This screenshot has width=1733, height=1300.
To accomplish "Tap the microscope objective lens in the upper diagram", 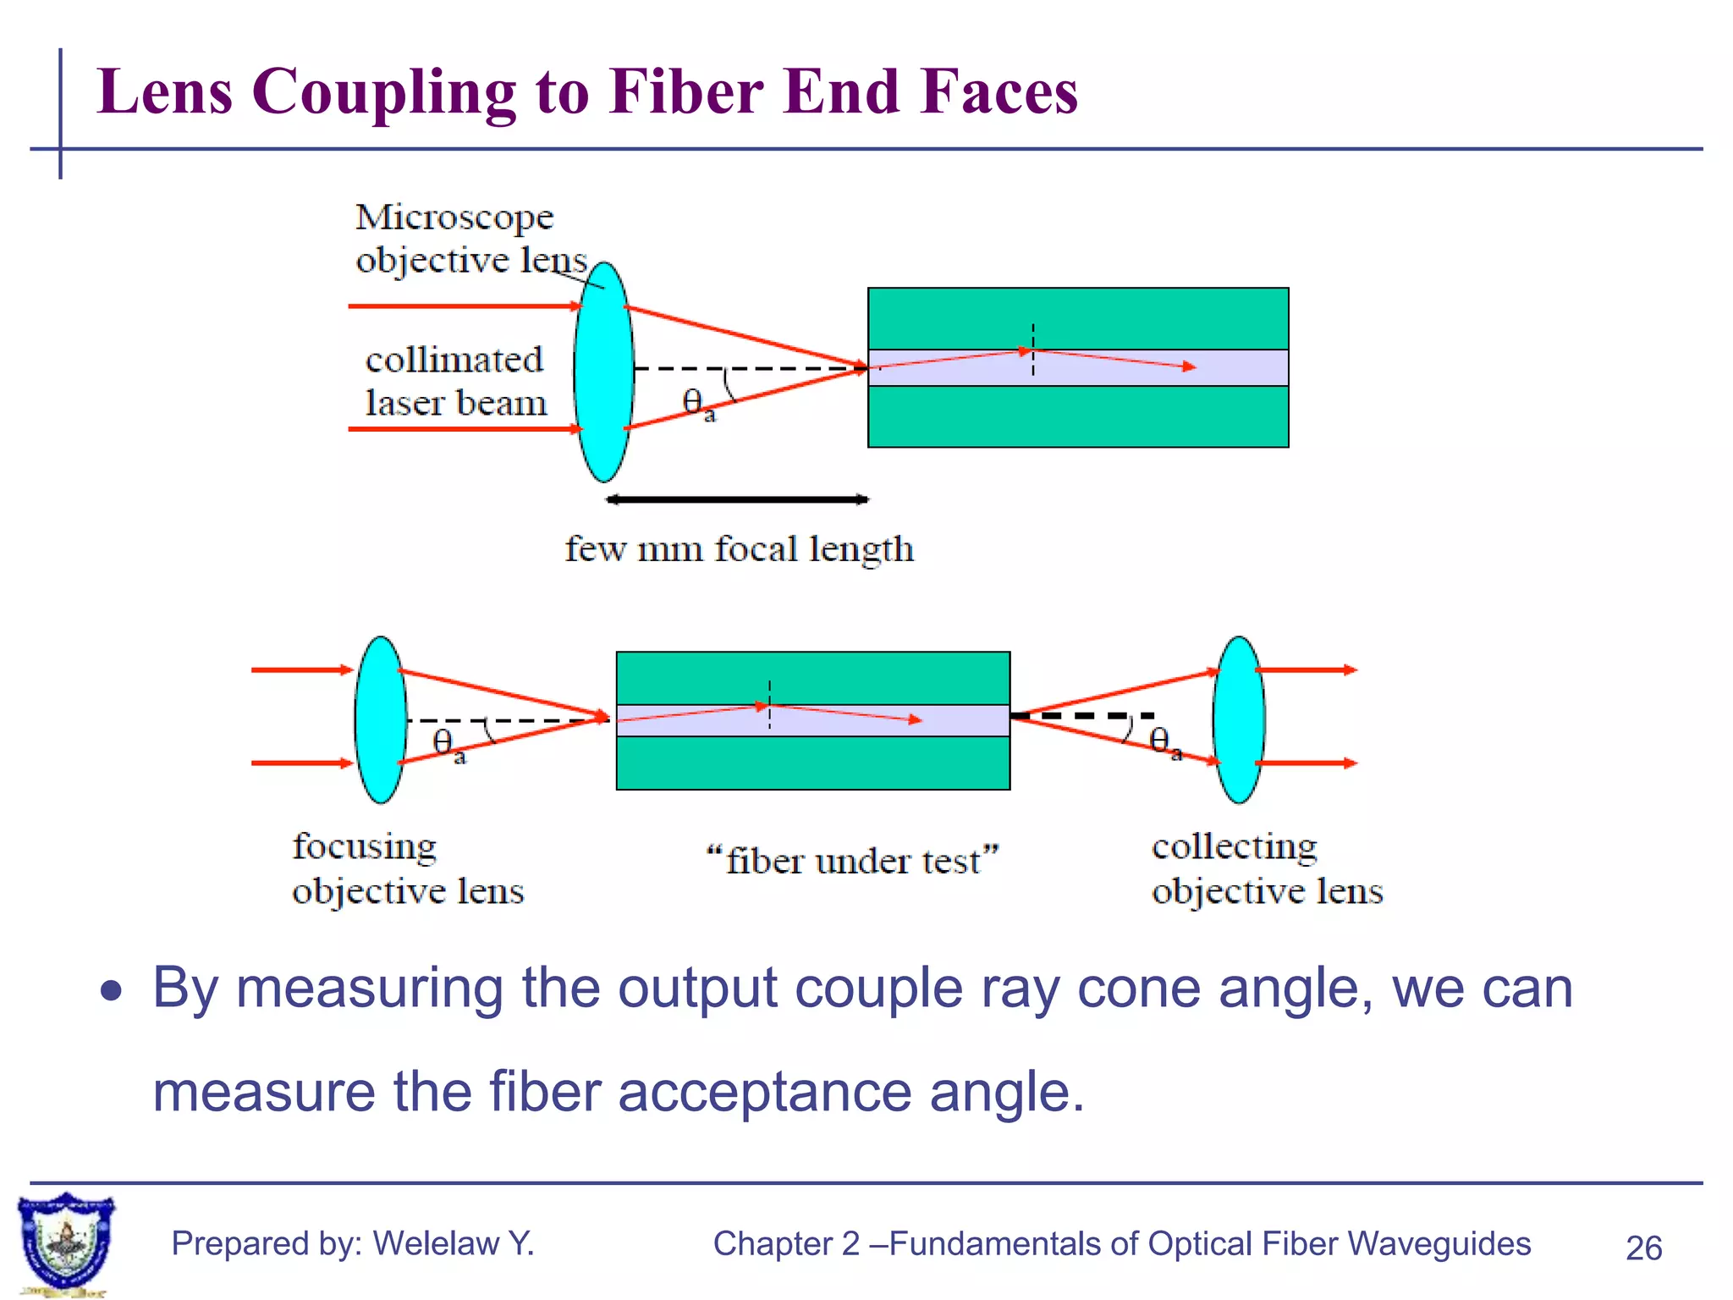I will tap(603, 372).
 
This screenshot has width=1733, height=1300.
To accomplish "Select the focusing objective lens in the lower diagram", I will tap(380, 719).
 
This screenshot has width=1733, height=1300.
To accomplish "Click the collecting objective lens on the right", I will tap(1238, 719).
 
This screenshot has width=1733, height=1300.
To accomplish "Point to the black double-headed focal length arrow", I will tap(737, 499).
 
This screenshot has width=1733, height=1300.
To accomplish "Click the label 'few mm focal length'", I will tap(739, 549).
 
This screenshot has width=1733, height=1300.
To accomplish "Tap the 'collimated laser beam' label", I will tap(455, 381).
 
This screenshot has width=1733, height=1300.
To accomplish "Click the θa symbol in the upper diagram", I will tap(696, 403).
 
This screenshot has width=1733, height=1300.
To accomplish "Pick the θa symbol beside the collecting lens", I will tap(1164, 742).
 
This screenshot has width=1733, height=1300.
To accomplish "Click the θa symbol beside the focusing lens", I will tap(447, 745).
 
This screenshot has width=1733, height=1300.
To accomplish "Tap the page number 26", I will tap(1643, 1248).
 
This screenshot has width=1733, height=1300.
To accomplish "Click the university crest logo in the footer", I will tap(66, 1242).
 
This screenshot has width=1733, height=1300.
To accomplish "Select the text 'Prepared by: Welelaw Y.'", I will tap(353, 1243).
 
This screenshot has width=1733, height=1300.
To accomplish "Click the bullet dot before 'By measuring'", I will tap(111, 989).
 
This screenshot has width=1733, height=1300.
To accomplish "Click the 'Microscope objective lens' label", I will tap(470, 239).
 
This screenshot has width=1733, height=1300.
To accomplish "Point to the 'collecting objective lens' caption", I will tap(1267, 868).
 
